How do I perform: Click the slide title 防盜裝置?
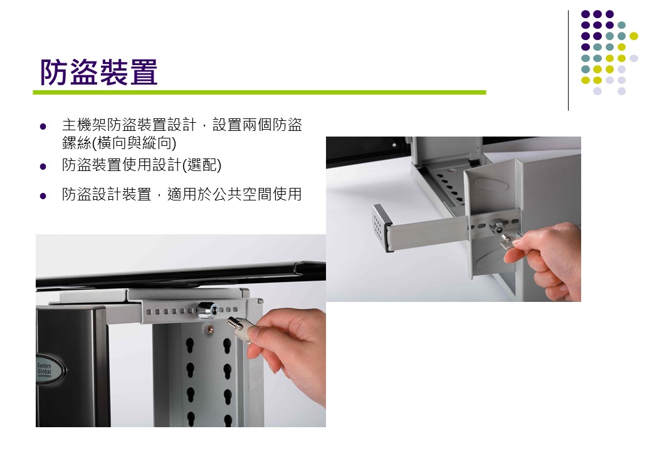click(x=98, y=72)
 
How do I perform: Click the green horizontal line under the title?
click(x=260, y=92)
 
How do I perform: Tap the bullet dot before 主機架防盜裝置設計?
click(x=43, y=127)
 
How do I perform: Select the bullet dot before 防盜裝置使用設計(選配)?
click(x=43, y=167)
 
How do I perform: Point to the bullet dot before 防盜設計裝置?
click(x=43, y=195)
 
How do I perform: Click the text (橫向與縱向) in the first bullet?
click(x=134, y=143)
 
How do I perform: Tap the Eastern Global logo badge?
click(x=48, y=369)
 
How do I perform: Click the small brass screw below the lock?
click(x=211, y=328)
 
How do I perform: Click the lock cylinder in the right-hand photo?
click(x=497, y=225)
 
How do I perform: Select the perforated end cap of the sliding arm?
click(x=381, y=227)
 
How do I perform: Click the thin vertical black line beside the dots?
click(x=568, y=61)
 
